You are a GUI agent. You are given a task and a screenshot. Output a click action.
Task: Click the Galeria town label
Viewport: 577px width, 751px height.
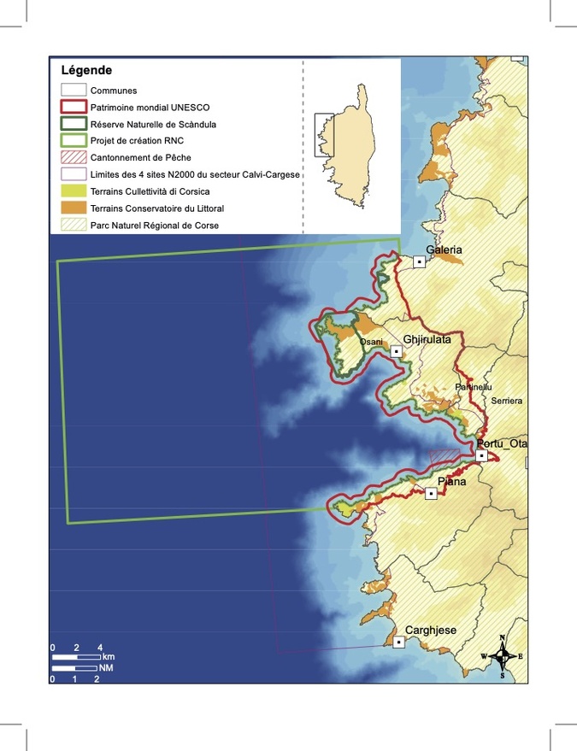[445, 249]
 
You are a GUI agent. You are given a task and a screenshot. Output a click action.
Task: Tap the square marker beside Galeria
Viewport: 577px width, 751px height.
[419, 261]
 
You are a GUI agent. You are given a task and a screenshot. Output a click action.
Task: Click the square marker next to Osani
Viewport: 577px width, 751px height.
[397, 351]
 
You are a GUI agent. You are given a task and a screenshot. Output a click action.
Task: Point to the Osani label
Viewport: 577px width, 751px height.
[371, 343]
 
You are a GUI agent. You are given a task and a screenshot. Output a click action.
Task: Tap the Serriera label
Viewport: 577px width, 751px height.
[506, 401]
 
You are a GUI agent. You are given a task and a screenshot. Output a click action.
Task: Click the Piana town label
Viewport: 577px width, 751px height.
[451, 482]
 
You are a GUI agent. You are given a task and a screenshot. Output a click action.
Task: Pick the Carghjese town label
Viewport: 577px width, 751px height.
[430, 631]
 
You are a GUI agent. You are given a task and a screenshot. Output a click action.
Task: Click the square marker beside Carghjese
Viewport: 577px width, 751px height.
[398, 642]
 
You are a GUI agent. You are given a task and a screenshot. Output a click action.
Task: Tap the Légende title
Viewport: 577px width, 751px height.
[86, 70]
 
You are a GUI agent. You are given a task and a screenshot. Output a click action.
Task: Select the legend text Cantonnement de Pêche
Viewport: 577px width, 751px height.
[140, 158]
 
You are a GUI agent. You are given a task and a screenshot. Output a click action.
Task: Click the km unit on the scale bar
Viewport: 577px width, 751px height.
[109, 656]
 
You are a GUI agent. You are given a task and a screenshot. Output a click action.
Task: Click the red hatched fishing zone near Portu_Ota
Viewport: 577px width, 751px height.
[445, 457]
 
